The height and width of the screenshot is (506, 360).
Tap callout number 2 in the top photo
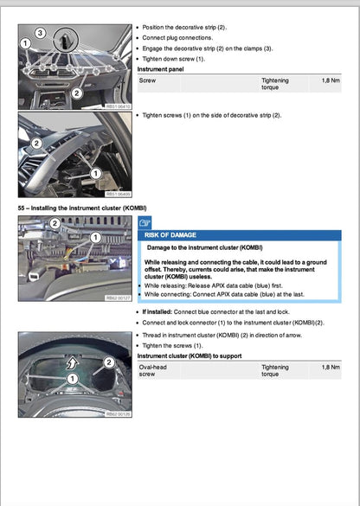(77, 93)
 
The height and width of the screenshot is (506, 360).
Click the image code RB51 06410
(117, 105)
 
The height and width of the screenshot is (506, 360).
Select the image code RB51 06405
(117, 194)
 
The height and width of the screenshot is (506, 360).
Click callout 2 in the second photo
(36, 143)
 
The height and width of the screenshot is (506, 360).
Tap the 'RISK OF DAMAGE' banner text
(170, 235)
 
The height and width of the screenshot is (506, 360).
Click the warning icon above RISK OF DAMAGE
(145, 223)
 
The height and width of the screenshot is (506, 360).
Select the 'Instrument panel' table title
(160, 69)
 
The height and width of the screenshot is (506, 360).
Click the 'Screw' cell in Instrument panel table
(149, 80)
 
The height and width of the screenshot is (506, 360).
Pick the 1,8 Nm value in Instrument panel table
(330, 80)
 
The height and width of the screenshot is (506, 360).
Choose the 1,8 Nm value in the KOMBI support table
(330, 368)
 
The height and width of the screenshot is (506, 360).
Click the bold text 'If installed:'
(157, 311)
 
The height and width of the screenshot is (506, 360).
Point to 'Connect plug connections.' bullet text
(181, 39)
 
